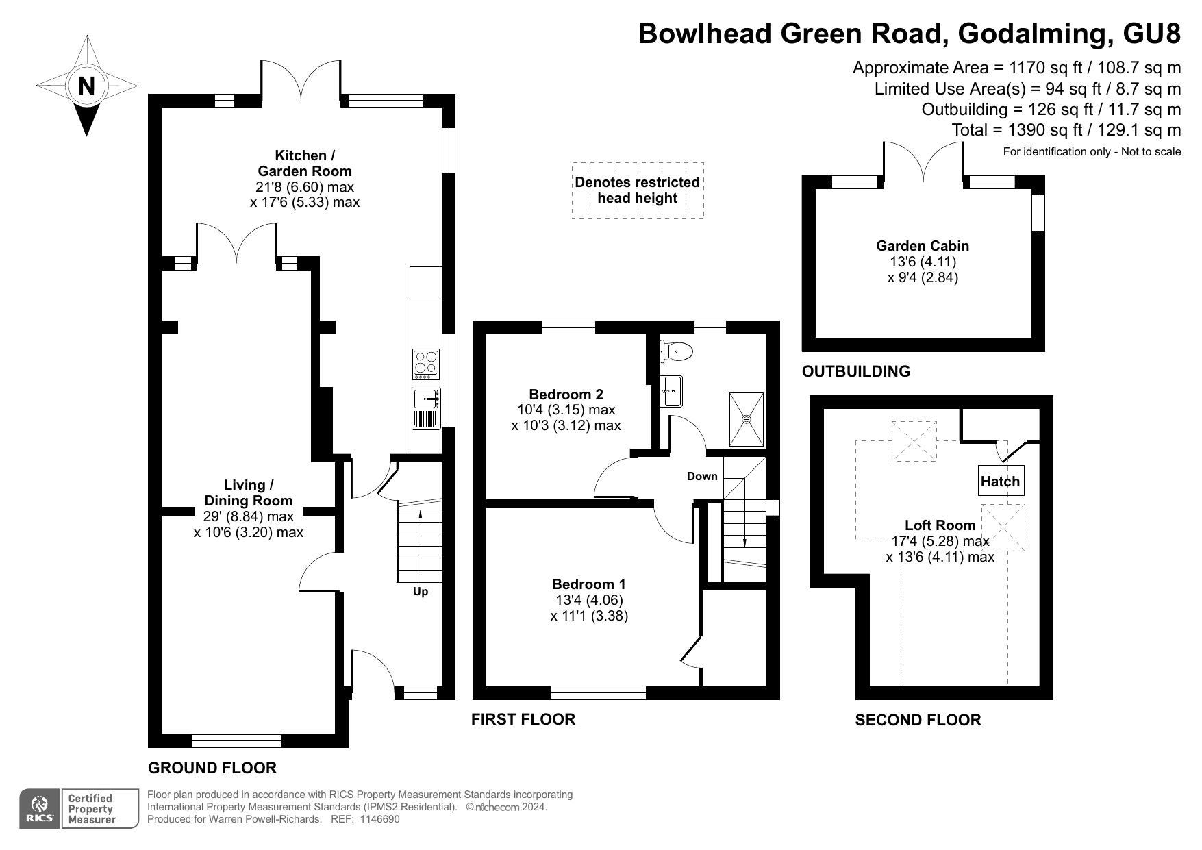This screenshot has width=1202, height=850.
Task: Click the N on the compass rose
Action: [86, 86]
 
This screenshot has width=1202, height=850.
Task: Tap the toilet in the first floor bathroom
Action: [677, 351]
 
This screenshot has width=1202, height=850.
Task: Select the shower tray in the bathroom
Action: [746, 418]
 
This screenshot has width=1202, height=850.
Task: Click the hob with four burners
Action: [425, 364]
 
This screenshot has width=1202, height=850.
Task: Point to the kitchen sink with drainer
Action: [425, 408]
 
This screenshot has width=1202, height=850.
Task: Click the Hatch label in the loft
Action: [1000, 482]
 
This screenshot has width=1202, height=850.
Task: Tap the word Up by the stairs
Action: [420, 591]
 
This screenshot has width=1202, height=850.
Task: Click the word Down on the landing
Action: [702, 476]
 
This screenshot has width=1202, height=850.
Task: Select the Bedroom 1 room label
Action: [588, 584]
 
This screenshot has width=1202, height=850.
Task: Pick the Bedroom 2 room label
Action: [566, 395]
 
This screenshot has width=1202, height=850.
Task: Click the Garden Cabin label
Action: [922, 246]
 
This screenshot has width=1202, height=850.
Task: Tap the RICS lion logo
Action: [40, 808]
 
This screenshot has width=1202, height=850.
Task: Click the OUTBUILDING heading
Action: [855, 371]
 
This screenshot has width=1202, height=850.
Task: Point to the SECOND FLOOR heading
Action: [917, 720]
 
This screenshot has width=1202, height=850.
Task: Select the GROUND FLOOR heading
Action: [212, 768]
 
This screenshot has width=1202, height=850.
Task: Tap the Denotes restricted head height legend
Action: [637, 190]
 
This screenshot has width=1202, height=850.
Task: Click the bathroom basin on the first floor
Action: [671, 391]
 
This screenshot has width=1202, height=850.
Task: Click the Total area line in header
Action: [1066, 130]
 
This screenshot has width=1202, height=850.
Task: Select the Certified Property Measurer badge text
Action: [90, 809]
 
